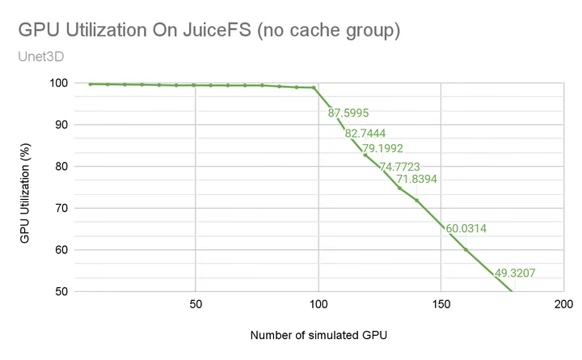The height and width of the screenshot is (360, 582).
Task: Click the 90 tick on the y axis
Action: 60,125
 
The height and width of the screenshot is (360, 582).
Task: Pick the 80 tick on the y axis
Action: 60,167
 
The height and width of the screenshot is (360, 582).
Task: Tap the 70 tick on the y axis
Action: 60,208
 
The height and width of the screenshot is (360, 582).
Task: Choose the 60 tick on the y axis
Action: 60,249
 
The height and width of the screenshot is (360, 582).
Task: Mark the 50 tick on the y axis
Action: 60,291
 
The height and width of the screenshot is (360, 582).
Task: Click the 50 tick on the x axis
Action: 195,305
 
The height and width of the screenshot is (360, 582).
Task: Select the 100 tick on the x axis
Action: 318,305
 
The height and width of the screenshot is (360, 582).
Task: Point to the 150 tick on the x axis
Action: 441,305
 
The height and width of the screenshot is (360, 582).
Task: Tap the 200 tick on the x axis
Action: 563,305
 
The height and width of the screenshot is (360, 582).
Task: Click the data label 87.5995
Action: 348,113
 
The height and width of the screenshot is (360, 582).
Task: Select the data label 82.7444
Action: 365,133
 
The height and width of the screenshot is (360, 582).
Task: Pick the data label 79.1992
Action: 382,148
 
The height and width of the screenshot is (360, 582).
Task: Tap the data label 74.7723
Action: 400,167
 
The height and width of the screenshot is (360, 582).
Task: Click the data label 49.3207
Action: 515,273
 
